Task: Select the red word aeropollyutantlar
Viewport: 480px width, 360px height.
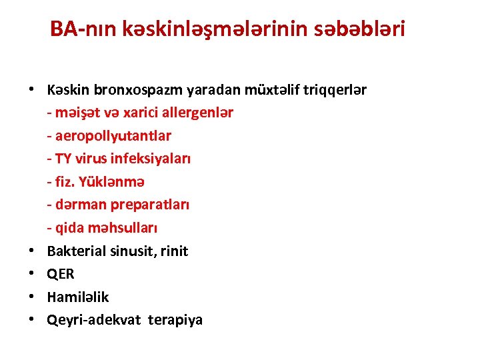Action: coord(113,136)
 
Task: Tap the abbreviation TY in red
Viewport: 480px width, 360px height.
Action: coord(63,159)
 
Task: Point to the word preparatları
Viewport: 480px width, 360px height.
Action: coord(149,205)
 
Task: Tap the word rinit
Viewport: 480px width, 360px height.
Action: coord(174,251)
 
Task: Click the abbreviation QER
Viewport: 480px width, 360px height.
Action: coord(61,274)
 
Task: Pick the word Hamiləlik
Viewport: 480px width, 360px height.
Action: coord(78,297)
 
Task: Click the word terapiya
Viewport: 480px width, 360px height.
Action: coord(175,320)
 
